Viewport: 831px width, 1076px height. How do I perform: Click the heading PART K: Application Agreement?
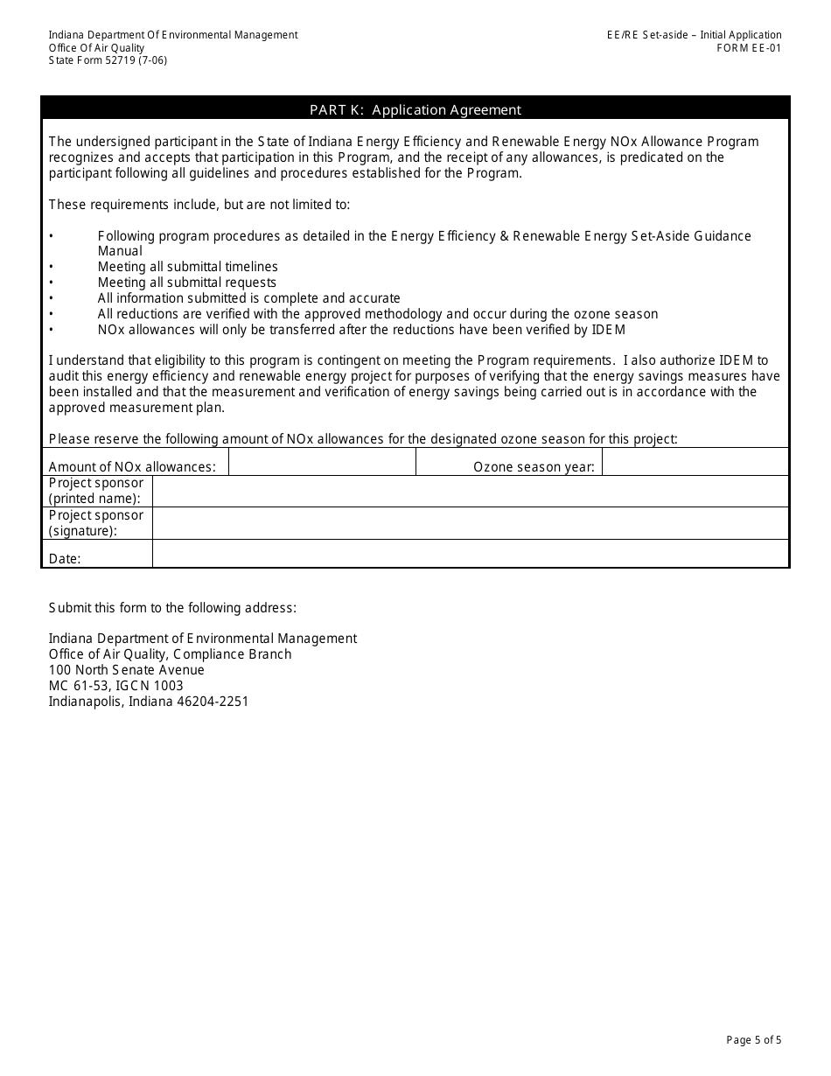coord(415,109)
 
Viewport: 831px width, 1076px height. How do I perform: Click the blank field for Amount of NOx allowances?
coord(322,462)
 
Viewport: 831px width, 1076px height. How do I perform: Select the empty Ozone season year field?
coord(695,462)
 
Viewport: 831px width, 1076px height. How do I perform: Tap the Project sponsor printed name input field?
coord(471,492)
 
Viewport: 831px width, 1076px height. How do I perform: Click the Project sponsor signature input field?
coord(471,523)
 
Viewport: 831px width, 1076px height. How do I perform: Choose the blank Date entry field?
coord(471,554)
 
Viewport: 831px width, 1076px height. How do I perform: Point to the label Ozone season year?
coord(534,467)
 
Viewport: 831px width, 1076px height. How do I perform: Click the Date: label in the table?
coord(65,559)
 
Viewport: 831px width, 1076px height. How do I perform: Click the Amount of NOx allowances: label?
coord(131,467)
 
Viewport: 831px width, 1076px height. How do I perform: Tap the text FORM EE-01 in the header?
coord(749,48)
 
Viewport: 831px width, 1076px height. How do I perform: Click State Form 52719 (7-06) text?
coord(108,60)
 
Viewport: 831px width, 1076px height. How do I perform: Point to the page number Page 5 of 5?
coord(753,1040)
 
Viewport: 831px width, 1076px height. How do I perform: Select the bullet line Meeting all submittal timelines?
coord(187,267)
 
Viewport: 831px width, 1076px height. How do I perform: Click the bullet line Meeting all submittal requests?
coord(186,283)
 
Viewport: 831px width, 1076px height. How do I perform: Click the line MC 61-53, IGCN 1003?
coord(115,686)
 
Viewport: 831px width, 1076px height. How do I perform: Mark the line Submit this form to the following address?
coord(172,608)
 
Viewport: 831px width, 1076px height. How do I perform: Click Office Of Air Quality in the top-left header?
coord(96,48)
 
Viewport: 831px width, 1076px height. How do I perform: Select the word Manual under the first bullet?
coord(120,251)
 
